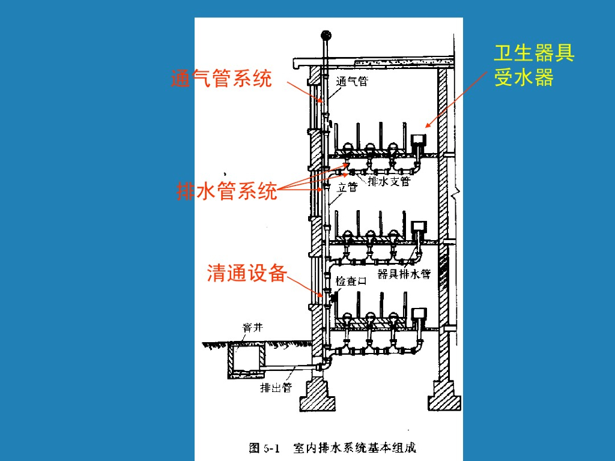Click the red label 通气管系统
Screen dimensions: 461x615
click(222, 79)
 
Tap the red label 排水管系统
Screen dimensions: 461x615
click(227, 191)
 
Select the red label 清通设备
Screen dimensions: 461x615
click(246, 273)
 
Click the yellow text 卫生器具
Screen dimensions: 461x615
click(534, 53)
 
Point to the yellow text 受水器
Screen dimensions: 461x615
click(524, 78)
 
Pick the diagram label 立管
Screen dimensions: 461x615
click(347, 187)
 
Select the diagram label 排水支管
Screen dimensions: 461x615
click(389, 181)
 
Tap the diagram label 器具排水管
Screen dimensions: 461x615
click(404, 274)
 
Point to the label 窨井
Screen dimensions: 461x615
click(252, 327)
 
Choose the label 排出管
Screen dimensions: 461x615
click(275, 388)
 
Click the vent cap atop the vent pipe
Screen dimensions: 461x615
click(327, 35)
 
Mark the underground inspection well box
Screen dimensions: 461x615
click(246, 361)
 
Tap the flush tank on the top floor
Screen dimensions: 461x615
click(418, 141)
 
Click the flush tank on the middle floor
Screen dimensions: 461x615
click(418, 226)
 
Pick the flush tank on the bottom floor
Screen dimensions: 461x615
click(418, 314)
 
